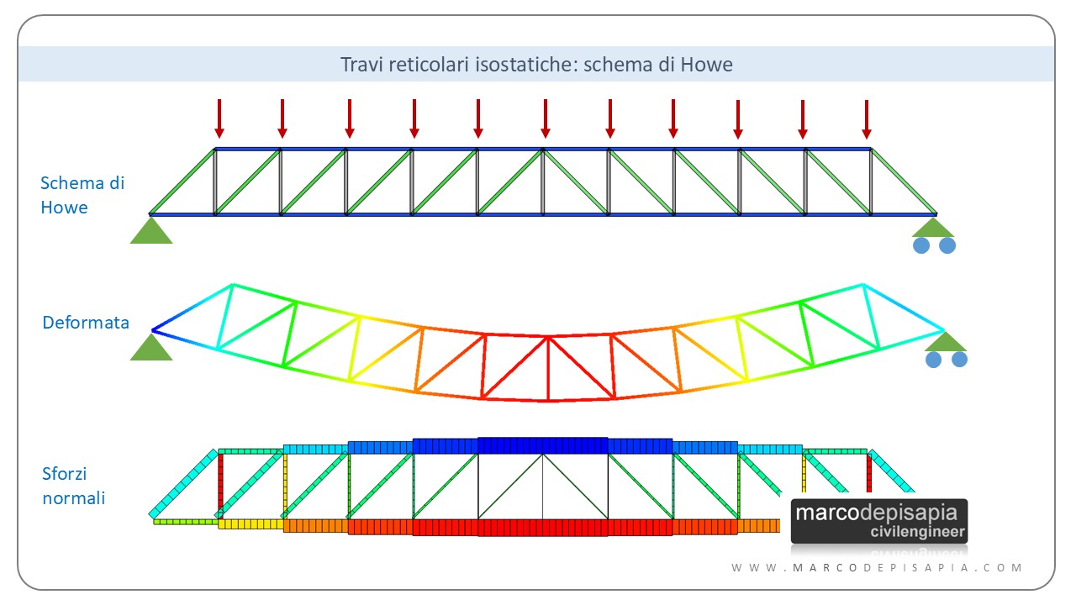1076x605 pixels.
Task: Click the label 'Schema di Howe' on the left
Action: pos(82,195)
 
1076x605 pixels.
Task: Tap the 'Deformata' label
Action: pos(86,322)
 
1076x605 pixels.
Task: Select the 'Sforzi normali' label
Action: pos(74,486)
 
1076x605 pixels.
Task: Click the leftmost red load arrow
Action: pos(219,118)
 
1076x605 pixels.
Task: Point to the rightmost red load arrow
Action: pos(867,118)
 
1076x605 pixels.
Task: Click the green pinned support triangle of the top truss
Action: pos(151,231)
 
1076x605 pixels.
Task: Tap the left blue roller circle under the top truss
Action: pos(922,245)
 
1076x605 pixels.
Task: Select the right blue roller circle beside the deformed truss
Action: pos(959,360)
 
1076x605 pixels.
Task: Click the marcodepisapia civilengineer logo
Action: pos(879,521)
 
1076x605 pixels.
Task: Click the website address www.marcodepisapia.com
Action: pos(878,568)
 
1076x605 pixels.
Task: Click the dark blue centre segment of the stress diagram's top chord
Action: pos(543,445)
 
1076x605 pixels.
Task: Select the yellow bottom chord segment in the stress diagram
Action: pos(251,524)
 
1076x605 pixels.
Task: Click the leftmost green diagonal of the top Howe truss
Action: pos(182,181)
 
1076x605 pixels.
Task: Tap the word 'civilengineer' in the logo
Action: pos(918,533)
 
